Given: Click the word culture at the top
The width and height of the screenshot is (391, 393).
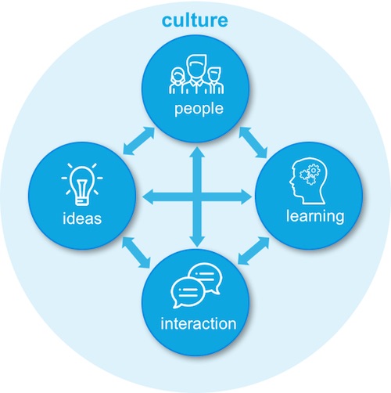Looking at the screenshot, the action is (195, 20).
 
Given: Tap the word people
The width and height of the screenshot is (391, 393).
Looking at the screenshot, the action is (199, 109).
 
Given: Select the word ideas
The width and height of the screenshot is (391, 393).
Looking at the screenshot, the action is (82, 218).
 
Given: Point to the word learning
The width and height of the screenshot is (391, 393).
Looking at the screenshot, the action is (315, 216).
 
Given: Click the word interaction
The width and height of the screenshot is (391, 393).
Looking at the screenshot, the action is (199, 323).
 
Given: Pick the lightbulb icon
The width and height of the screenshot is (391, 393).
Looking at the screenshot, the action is (82, 184).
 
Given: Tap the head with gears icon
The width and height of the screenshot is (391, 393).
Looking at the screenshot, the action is (308, 180).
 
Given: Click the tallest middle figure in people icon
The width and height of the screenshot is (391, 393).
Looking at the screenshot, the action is (196, 74).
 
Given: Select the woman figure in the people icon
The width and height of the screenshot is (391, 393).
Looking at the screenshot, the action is (178, 81).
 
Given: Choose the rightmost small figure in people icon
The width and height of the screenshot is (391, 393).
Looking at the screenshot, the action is (216, 81).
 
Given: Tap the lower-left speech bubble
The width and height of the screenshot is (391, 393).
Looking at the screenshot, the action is (187, 292).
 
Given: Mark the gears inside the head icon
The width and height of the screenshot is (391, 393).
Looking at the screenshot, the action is (310, 174).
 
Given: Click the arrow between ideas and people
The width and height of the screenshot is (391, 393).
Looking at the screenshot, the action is (138, 141).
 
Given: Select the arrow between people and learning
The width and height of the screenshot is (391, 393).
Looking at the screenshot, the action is (253, 142).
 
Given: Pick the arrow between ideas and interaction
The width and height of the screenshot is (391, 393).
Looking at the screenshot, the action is (136, 252).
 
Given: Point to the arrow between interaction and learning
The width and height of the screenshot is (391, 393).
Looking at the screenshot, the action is (253, 251).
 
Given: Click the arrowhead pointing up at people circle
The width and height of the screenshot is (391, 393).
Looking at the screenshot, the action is (197, 152).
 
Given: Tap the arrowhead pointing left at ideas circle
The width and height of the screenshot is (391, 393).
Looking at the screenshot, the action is (149, 197).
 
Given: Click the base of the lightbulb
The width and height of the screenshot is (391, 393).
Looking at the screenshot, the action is (82, 201).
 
